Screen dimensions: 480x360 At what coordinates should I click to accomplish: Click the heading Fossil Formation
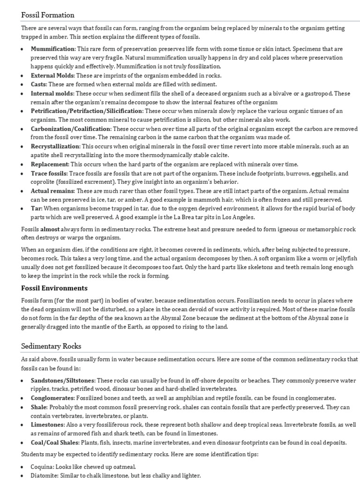click(x=48, y=15)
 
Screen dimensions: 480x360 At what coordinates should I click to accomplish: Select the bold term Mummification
click(x=52, y=49)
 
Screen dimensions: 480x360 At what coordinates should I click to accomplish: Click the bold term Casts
click(x=38, y=84)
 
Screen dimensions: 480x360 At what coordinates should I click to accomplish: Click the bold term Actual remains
click(x=52, y=191)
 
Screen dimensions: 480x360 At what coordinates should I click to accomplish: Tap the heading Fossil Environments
click(x=54, y=288)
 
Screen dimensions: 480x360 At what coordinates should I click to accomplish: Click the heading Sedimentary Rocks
click(x=51, y=346)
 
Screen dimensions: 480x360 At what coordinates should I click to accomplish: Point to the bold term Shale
click(x=39, y=407)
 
